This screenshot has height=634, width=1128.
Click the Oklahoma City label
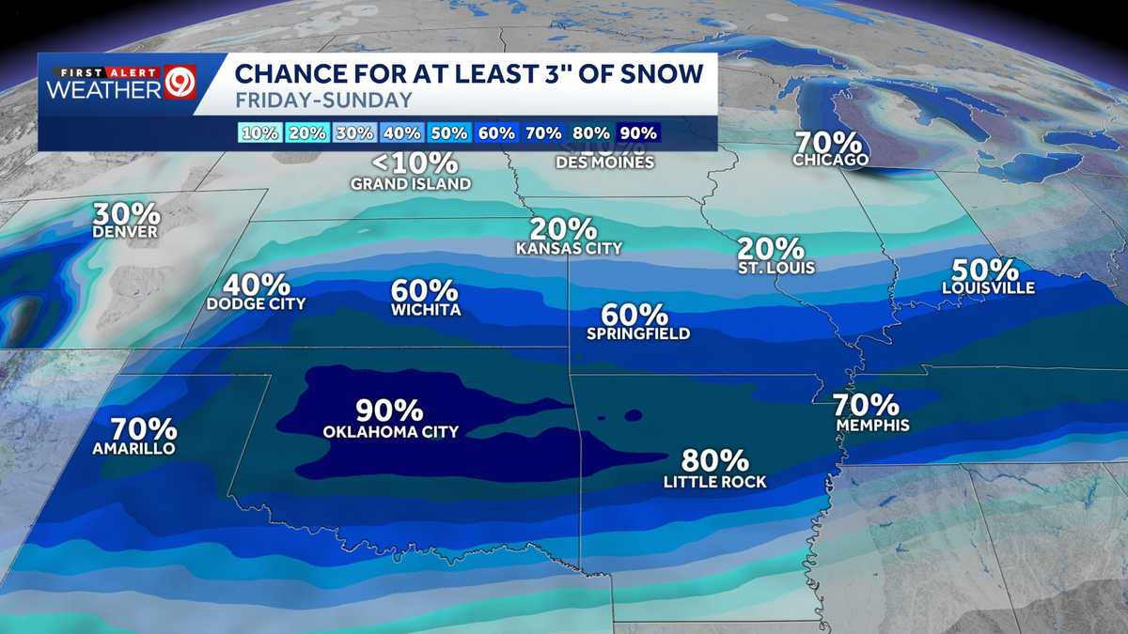point(390,432)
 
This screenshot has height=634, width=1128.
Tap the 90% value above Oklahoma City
point(389,410)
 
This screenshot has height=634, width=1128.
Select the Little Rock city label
point(714,482)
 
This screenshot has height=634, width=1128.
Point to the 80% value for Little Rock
point(715,460)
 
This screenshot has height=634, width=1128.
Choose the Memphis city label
point(872,425)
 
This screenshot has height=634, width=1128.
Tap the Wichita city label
point(426,310)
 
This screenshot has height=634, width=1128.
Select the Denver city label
point(125,232)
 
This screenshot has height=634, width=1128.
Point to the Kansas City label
point(569,249)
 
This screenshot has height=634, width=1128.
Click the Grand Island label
point(411,184)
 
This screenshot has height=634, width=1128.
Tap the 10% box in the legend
point(259,133)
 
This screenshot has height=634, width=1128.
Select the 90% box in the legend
point(638,133)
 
